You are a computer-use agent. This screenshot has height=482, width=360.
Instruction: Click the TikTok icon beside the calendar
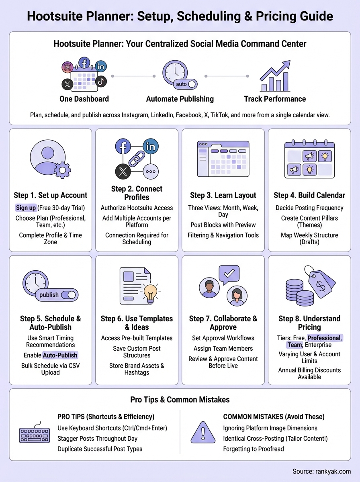(x=100, y=80)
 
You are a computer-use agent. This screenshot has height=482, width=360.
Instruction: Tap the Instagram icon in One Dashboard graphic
(x=68, y=67)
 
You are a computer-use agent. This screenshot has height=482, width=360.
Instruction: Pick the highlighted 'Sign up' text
(x=25, y=208)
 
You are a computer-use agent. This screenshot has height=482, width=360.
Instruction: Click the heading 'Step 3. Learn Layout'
(x=223, y=195)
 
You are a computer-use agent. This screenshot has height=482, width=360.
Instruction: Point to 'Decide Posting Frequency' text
(x=309, y=208)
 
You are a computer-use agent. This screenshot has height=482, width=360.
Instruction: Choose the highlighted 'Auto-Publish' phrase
(x=60, y=355)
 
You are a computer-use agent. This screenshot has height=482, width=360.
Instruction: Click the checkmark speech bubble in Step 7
(x=229, y=275)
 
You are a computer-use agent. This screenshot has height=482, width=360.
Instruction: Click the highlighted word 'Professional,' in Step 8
(x=325, y=338)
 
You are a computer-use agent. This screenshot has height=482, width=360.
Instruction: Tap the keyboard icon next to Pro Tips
(x=35, y=435)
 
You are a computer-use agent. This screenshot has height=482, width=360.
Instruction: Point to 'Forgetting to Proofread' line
(x=254, y=449)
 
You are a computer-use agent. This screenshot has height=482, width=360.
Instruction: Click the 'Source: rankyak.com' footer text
(x=322, y=471)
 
